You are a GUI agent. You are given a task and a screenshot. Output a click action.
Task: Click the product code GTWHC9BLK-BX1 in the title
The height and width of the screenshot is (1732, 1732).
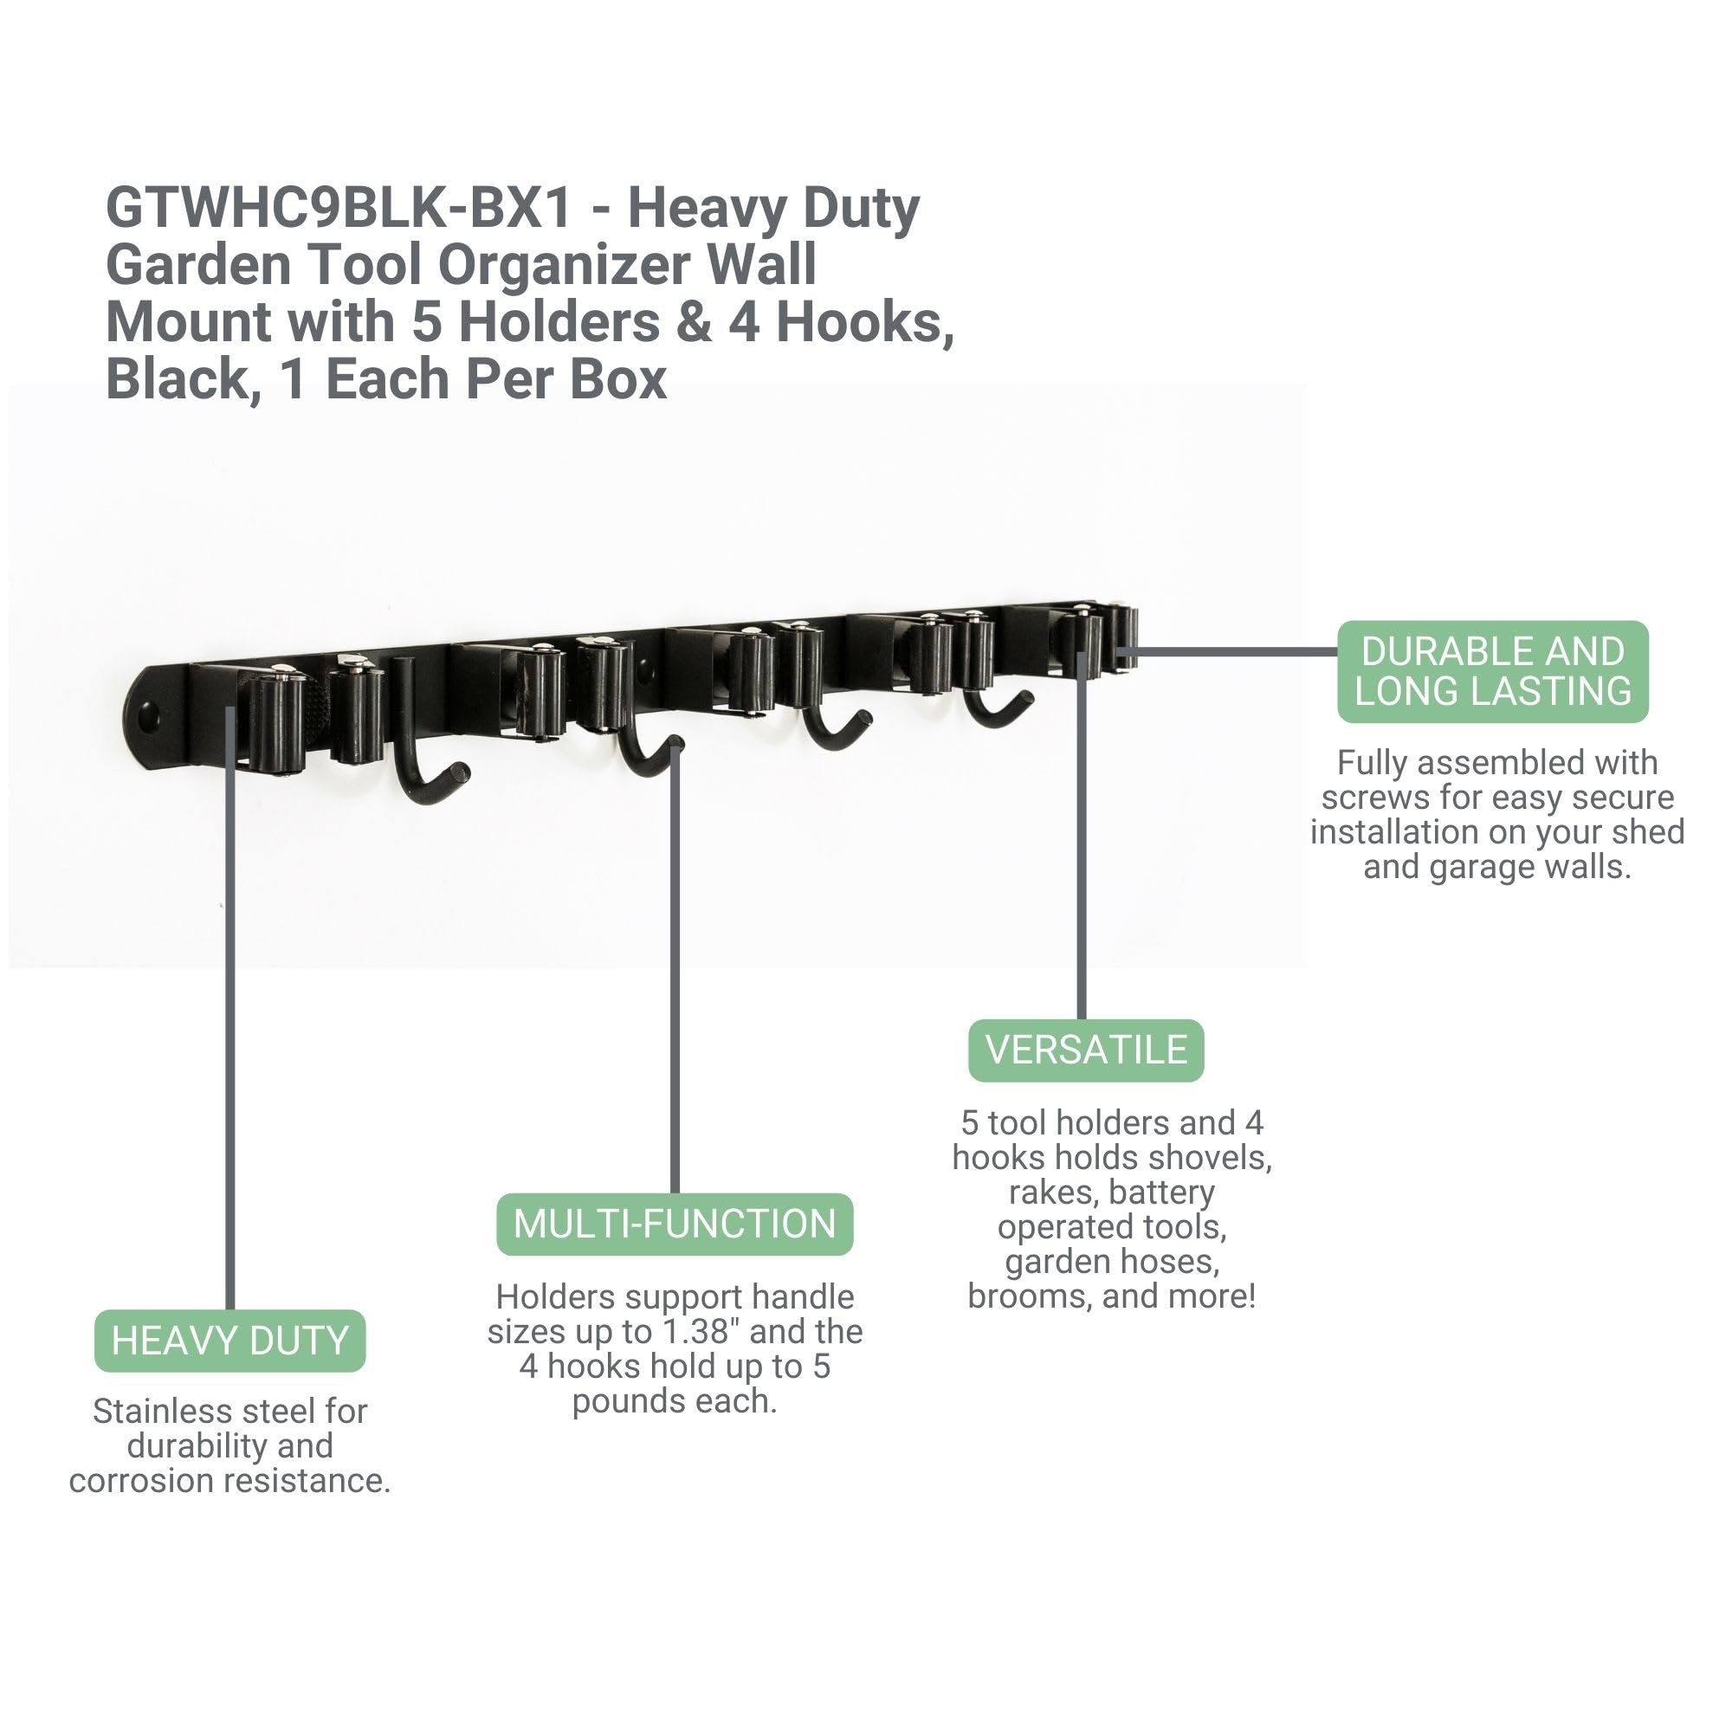coord(339,208)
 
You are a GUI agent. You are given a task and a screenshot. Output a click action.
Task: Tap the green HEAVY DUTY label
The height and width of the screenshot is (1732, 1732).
coord(230,1341)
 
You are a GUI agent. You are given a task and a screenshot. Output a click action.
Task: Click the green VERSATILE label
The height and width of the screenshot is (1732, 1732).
coord(1086,1050)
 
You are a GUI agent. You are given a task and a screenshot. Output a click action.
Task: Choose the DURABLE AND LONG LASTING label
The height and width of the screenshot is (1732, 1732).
coord(1493,671)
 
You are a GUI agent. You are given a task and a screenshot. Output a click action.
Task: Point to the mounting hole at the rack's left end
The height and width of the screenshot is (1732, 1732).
coord(148,716)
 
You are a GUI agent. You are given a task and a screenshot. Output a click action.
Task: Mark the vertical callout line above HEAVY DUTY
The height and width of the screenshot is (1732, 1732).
coord(230,1008)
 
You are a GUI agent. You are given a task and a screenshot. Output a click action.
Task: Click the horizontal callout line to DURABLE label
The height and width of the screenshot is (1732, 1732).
coord(1231,652)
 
